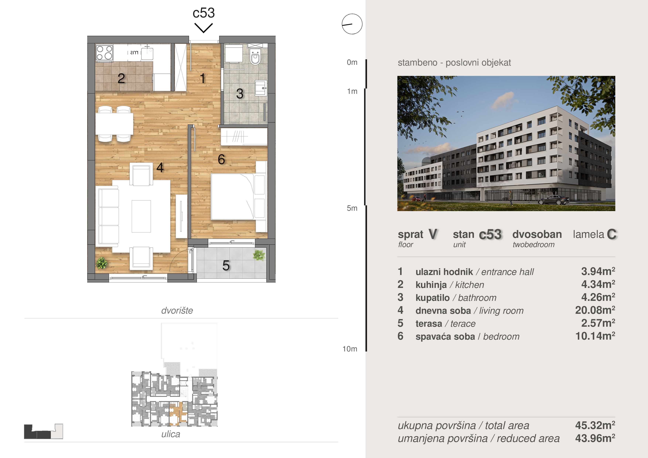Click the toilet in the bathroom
click(255, 57)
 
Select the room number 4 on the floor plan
click(160, 168)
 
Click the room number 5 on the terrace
click(226, 266)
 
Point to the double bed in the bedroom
click(233, 197)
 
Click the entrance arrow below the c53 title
click(204, 28)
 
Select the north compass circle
click(352, 24)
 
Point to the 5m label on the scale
click(352, 208)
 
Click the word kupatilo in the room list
click(432, 298)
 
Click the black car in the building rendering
click(554, 200)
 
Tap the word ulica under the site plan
click(170, 434)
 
